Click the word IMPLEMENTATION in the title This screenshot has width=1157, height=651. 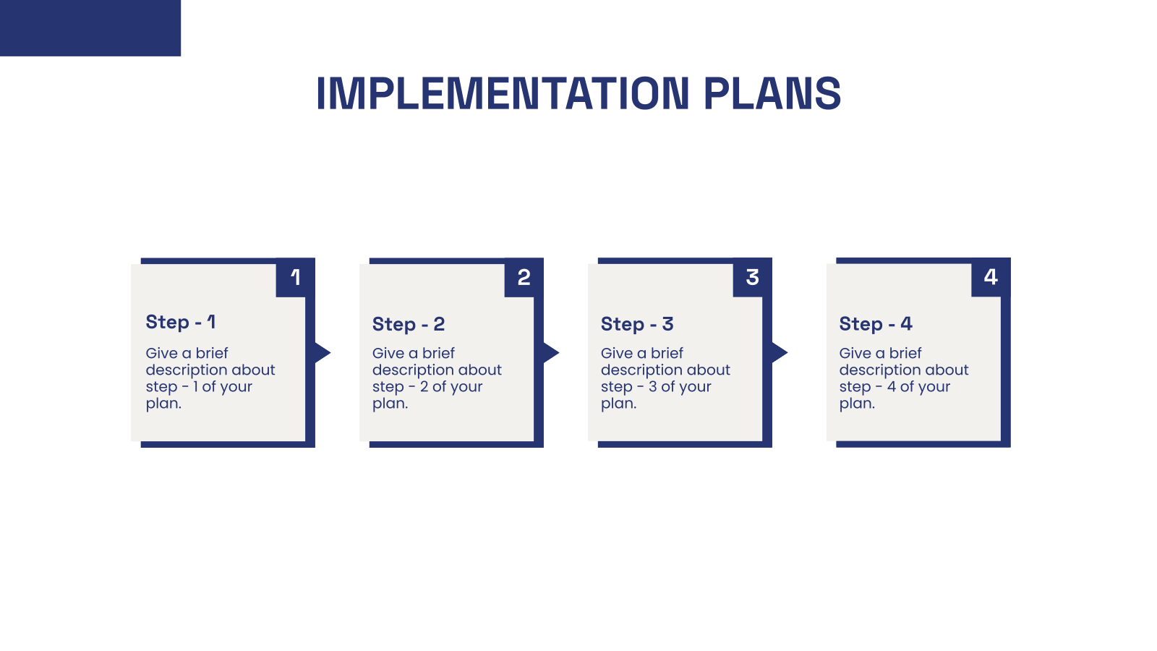503,94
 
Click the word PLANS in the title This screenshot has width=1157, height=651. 772,94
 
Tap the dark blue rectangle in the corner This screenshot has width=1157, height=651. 90,27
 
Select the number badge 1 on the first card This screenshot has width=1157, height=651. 295,277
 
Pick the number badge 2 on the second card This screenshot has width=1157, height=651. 524,277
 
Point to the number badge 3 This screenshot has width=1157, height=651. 752,277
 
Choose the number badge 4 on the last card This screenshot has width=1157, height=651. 991,277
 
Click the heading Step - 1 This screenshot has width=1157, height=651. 181,322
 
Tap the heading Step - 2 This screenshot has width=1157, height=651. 409,324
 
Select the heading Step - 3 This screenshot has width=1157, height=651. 637,324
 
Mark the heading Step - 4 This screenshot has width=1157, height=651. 876,324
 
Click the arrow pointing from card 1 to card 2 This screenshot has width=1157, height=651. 322,352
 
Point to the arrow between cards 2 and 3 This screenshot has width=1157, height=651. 550,352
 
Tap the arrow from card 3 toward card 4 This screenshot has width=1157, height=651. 779,352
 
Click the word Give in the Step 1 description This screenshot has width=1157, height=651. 161,353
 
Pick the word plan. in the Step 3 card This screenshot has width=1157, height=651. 619,404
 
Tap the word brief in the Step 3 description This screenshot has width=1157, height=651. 667,353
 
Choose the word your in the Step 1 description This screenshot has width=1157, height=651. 236,387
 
